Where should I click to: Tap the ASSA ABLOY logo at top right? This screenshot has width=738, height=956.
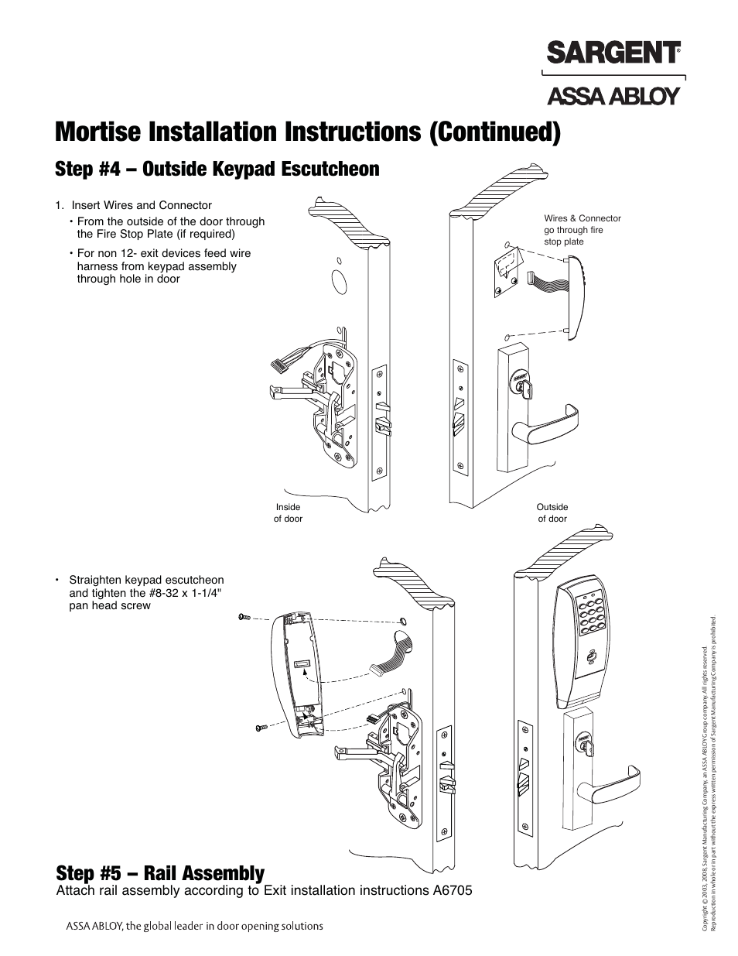(x=613, y=95)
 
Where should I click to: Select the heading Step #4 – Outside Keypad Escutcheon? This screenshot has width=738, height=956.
(x=217, y=170)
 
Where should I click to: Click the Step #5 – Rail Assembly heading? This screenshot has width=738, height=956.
(x=160, y=873)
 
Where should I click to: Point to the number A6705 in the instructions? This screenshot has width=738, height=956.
(x=449, y=890)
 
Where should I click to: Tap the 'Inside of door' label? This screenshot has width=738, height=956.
(x=288, y=512)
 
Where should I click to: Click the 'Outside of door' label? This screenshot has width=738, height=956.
(x=552, y=512)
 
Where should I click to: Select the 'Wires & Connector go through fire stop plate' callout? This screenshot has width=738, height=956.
(x=582, y=230)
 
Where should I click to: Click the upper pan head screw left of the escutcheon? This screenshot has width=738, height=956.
(x=244, y=617)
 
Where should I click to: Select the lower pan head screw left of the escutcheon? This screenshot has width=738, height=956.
(x=261, y=728)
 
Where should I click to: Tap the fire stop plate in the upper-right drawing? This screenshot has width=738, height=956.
(x=504, y=272)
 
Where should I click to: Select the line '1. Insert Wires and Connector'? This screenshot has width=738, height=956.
(x=133, y=205)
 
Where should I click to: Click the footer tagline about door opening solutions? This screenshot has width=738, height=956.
(x=193, y=926)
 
